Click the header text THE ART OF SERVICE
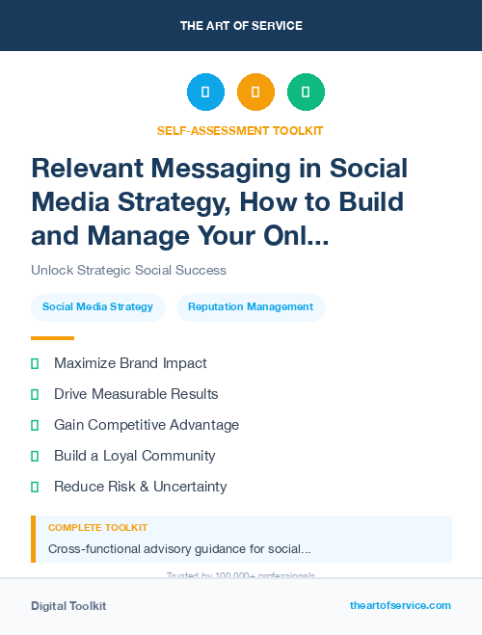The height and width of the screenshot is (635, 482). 241,26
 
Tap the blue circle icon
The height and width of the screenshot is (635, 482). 205,93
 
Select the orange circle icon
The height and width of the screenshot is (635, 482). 255,93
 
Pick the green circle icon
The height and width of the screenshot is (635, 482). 306,93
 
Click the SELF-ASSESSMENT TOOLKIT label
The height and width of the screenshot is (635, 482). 240,130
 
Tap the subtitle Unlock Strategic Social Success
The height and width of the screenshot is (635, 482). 128,270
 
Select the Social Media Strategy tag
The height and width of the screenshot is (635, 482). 97,306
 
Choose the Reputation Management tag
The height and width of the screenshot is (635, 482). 251,306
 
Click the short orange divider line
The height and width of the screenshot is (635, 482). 52,338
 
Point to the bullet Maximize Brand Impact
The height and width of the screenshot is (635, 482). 130,363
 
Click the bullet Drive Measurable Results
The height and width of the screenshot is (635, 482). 136,394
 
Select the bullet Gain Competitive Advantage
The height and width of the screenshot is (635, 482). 147,425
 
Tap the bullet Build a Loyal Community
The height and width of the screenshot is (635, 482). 134,456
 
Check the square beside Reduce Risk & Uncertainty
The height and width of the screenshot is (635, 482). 35,487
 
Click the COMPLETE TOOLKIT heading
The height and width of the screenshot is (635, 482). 97,528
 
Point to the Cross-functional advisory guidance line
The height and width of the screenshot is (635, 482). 179,549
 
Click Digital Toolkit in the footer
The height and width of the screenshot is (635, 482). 68,606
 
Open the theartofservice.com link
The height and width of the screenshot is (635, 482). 400,605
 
